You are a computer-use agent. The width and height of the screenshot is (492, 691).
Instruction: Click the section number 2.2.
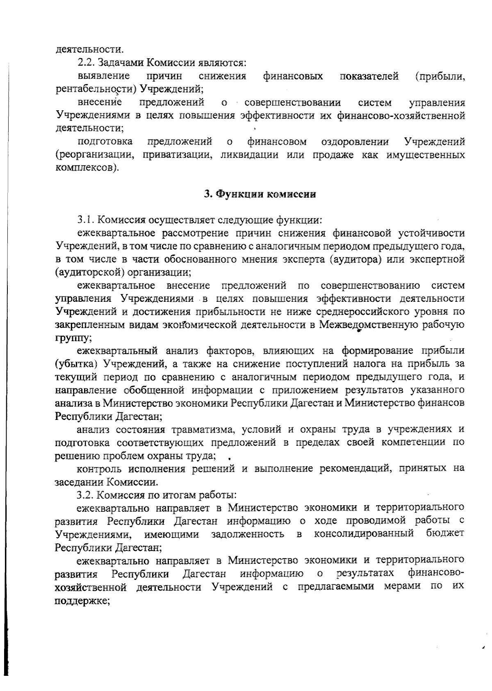pos(85,63)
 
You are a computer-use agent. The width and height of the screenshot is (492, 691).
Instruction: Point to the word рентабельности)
pos(97,89)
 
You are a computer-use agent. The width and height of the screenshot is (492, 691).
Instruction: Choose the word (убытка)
pos(76,364)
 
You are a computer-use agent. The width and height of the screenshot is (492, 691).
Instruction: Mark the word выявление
pos(104,76)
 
